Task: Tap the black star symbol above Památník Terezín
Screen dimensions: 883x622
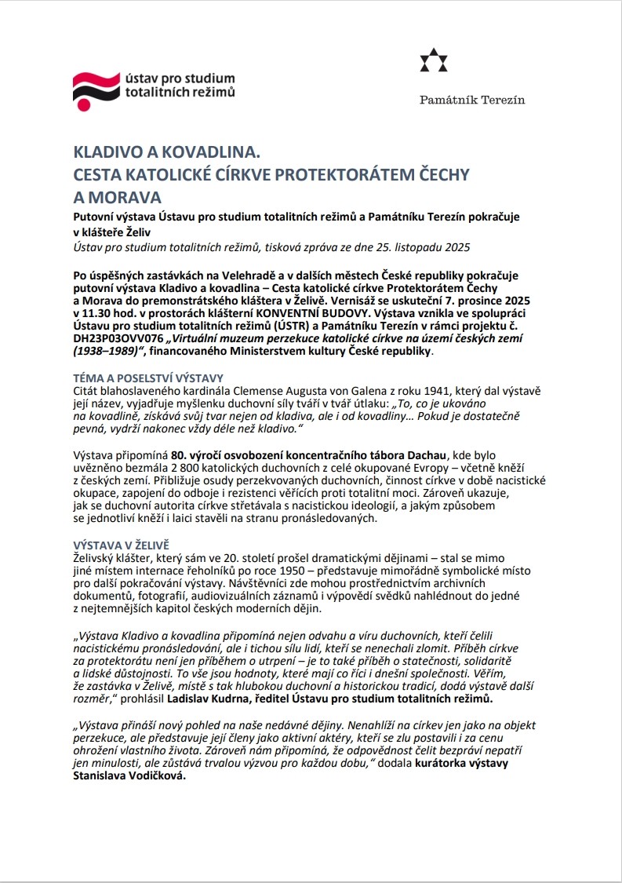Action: click(432, 61)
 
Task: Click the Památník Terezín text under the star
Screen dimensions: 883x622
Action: click(472, 100)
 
